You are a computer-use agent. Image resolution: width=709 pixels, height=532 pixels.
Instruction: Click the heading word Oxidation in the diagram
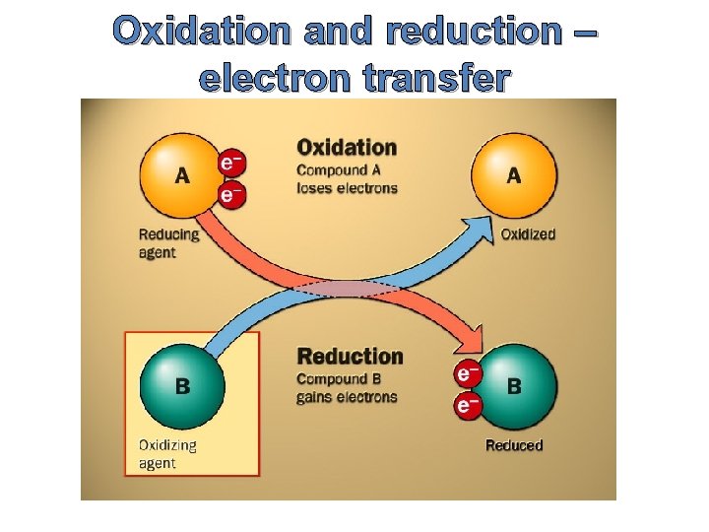pos(347,148)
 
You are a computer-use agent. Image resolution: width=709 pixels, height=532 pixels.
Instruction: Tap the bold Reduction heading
pos(350,356)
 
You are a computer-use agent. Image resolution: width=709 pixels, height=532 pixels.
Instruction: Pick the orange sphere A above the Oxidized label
pos(514,175)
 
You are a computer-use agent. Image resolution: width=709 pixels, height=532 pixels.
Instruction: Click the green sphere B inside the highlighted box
pos(182,384)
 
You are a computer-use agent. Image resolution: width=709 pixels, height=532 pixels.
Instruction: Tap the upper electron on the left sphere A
pos(230,160)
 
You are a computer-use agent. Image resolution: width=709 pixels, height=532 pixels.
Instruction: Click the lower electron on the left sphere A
pos(229,194)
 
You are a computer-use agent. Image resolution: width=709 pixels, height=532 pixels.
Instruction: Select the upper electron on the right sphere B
pos(467,373)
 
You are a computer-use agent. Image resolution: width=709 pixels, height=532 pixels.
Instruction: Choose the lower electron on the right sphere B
pos(467,404)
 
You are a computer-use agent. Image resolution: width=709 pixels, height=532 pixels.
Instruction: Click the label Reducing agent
pos(168,243)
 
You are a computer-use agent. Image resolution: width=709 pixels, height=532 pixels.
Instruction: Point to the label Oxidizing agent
pos(167,453)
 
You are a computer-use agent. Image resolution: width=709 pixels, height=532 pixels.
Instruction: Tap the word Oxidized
pos(528,234)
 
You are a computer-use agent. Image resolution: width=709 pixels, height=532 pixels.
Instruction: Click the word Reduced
pos(513,445)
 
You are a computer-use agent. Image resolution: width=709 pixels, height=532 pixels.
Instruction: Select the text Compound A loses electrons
pos(347,178)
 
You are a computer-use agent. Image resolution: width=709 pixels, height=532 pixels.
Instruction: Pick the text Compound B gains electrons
pos(347,388)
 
